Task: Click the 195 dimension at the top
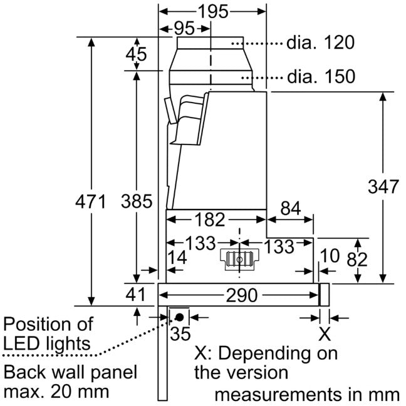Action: [x=213, y=12]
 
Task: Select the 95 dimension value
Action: [x=184, y=28]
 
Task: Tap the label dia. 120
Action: [x=320, y=43]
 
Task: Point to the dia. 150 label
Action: [x=321, y=77]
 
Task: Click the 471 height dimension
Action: [x=91, y=201]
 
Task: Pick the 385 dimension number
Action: [x=137, y=201]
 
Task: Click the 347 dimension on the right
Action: [x=383, y=186]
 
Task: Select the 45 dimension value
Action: [x=137, y=54]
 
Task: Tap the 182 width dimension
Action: [x=210, y=220]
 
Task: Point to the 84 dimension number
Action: [x=291, y=208]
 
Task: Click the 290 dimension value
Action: [x=242, y=295]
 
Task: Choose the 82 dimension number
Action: [x=357, y=260]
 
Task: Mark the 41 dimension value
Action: [x=135, y=295]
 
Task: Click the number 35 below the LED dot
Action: [x=180, y=333]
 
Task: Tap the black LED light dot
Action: [x=179, y=317]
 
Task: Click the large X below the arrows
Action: [x=325, y=334]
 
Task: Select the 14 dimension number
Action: [x=177, y=258]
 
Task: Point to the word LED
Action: [x=23, y=344]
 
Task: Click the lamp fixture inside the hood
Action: [x=239, y=260]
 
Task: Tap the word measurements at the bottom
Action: [x=278, y=395]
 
